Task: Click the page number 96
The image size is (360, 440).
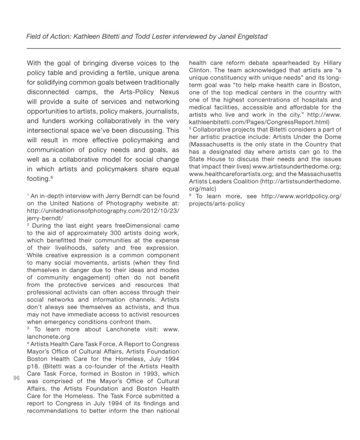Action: click(17, 378)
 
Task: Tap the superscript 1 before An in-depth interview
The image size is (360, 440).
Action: click(28, 196)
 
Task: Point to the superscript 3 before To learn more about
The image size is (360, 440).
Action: click(28, 328)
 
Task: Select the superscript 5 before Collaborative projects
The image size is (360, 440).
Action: click(190, 128)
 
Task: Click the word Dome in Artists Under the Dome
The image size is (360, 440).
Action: click(332, 137)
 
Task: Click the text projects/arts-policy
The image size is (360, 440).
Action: click(217, 203)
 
